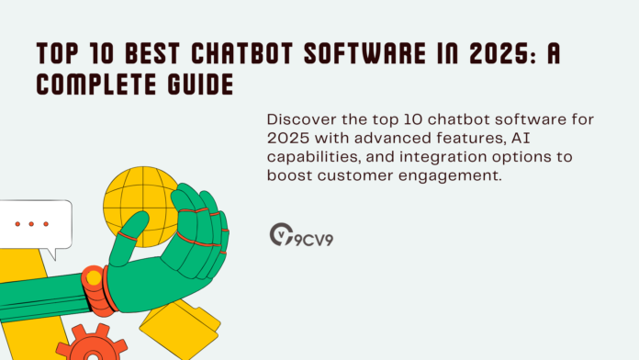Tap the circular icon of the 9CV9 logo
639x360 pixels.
279,234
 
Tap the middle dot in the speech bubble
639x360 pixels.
32,223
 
